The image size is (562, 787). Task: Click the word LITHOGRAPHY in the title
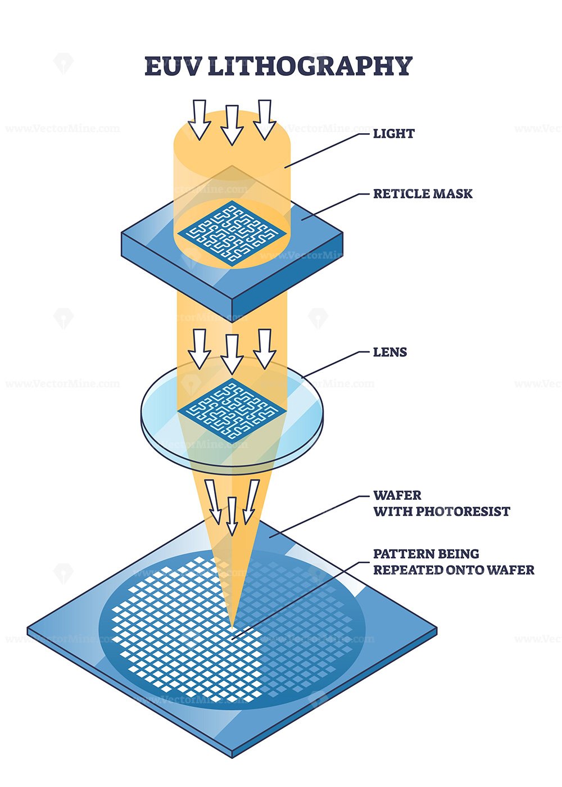tap(310, 66)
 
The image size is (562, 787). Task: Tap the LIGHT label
tap(394, 134)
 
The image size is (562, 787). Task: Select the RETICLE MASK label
tap(423, 194)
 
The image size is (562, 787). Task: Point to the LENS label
tap(390, 352)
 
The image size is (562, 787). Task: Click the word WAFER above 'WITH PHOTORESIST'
tap(397, 495)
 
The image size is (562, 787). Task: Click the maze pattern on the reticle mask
tap(231, 233)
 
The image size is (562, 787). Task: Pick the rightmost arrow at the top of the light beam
tap(265, 119)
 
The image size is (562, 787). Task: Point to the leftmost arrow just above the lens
tap(199, 349)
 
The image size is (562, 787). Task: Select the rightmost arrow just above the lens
tap(265, 349)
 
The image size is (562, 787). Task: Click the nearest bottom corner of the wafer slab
tap(232, 753)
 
